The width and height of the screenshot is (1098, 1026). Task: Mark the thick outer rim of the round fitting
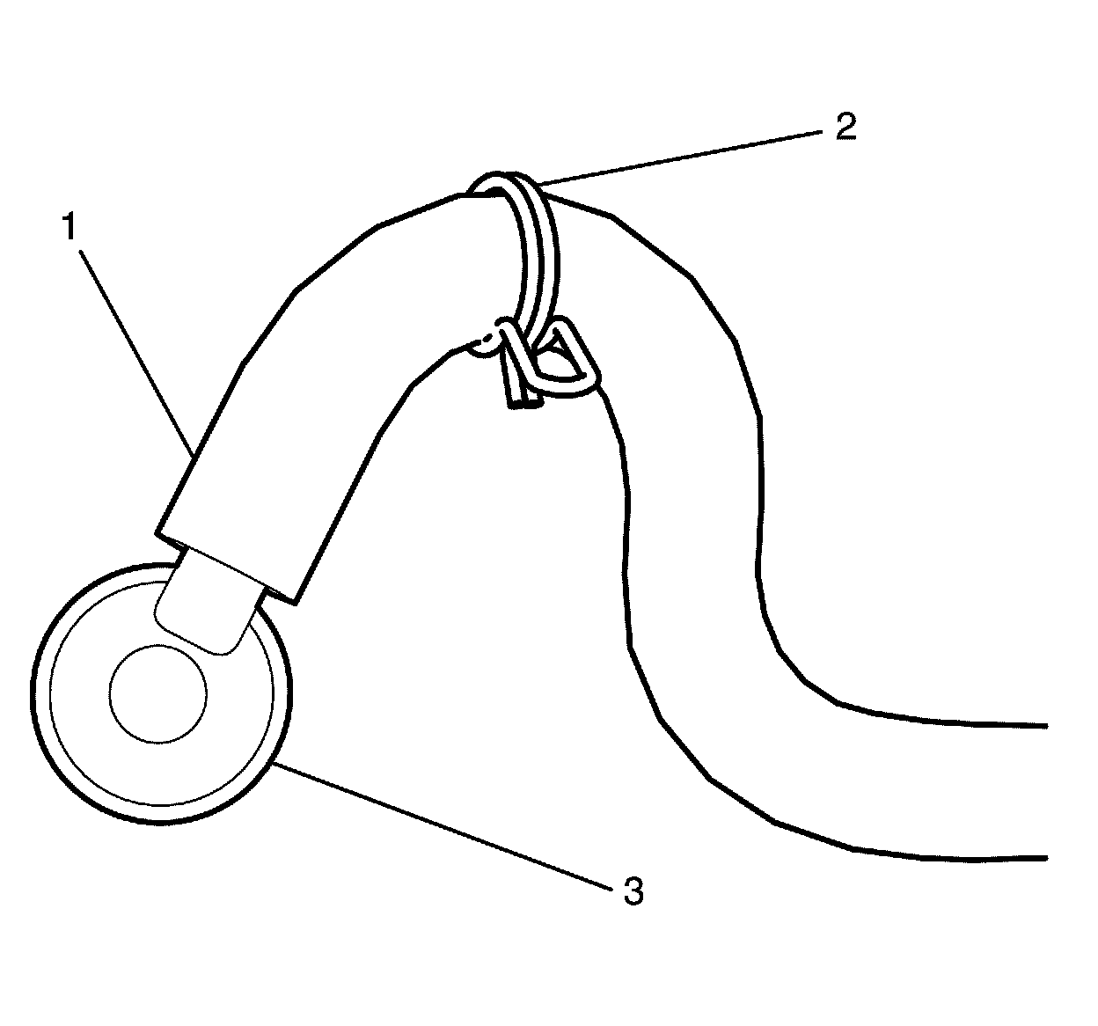pyautogui.click(x=53, y=766)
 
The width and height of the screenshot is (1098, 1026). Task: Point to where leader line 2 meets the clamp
pyautogui.click(x=538, y=184)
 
